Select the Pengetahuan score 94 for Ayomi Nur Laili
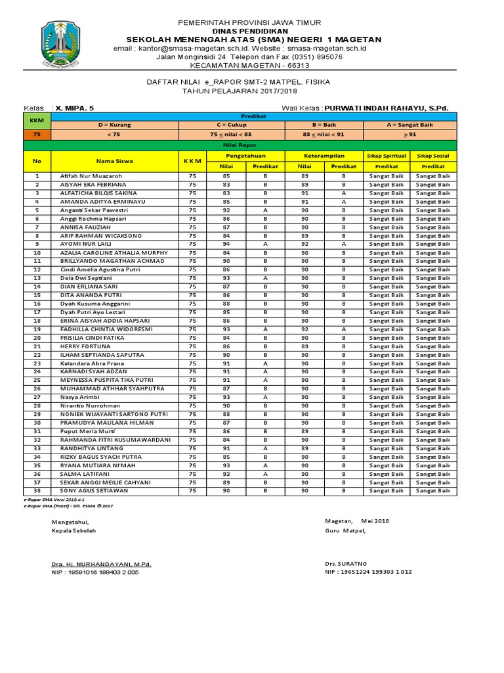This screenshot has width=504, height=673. [x=226, y=244]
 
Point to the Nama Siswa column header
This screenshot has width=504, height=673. [x=115, y=160]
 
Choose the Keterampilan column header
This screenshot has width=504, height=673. [x=324, y=156]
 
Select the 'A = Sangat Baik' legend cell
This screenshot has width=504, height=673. [x=409, y=124]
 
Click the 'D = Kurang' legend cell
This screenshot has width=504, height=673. [x=115, y=124]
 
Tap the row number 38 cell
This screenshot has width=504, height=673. [x=37, y=491]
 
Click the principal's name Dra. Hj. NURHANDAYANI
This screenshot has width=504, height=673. [x=102, y=564]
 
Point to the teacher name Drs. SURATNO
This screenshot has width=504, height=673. [x=346, y=564]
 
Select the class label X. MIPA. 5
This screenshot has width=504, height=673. [x=75, y=107]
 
